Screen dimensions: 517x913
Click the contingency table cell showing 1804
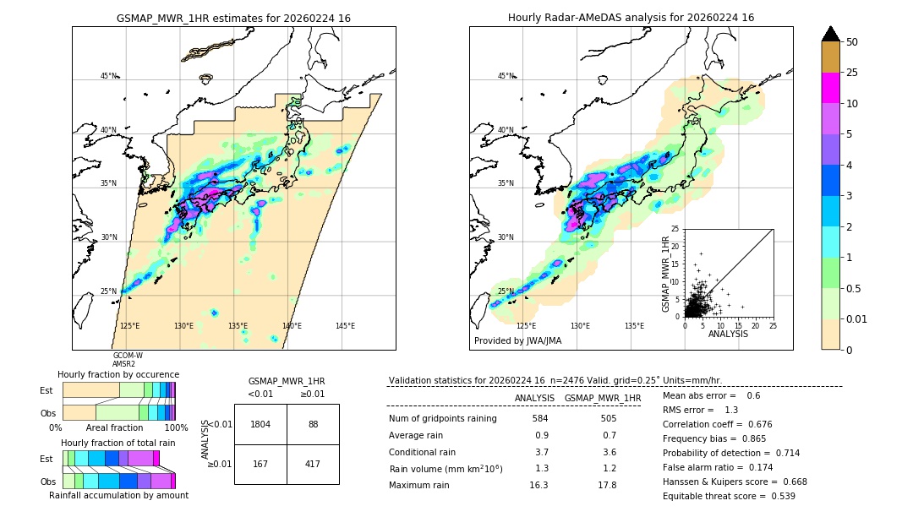[260, 424]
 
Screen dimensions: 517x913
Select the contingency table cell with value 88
[313, 424]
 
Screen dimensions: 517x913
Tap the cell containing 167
[260, 463]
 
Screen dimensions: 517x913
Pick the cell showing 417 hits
[313, 463]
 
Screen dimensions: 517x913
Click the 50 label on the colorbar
[852, 42]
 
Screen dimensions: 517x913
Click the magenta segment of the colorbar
[831, 88]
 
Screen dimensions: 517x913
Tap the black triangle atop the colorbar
[831, 34]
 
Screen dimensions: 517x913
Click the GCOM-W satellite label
[128, 356]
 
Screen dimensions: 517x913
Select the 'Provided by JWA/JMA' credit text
[517, 340]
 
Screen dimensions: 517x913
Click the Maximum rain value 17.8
[606, 485]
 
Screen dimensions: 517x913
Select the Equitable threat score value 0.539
[778, 496]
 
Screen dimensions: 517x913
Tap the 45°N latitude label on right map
[506, 76]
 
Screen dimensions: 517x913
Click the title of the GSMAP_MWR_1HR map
[233, 18]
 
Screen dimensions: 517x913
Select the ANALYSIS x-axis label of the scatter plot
[728, 334]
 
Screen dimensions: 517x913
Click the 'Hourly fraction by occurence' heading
[118, 374]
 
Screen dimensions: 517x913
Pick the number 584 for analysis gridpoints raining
[540, 418]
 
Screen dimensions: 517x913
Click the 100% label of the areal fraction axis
[175, 428]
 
